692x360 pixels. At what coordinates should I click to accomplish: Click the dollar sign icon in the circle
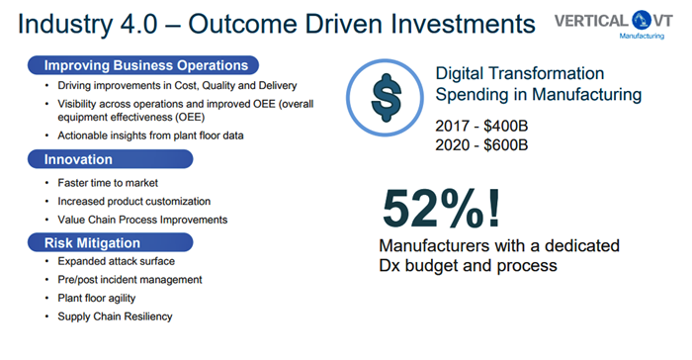point(387,98)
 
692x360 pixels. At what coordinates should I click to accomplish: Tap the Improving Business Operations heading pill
point(143,65)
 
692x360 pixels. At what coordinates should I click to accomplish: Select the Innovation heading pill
point(111,159)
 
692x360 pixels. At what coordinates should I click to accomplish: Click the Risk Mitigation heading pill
point(111,242)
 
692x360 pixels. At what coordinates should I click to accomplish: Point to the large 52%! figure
point(441,208)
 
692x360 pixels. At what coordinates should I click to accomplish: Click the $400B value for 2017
point(506,126)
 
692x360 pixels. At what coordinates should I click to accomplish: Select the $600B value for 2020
point(506,144)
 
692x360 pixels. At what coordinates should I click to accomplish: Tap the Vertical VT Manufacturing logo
point(614,25)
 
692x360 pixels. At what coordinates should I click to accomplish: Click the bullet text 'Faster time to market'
point(108,183)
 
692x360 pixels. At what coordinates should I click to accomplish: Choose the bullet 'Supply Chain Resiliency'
point(115,316)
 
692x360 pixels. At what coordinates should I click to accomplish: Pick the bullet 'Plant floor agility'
point(97,298)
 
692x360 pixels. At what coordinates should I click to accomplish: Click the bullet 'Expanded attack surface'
point(116,261)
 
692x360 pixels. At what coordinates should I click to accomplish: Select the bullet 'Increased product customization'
point(134,202)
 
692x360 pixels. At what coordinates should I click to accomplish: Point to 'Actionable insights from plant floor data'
point(150,135)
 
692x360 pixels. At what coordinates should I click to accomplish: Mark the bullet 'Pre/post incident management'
point(130,280)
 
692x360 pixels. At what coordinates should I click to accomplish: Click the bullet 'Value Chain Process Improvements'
point(142,220)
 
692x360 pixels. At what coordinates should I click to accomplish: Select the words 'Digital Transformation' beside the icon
point(520,73)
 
